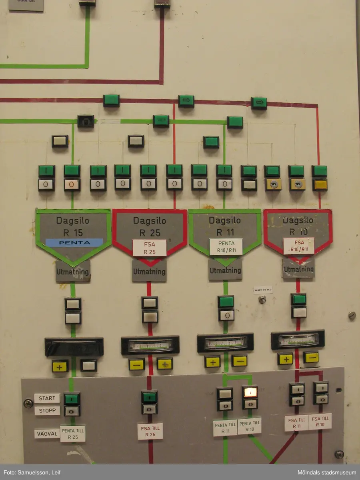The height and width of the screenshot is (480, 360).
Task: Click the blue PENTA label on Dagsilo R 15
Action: click(x=74, y=242)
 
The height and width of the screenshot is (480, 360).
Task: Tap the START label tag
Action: click(x=47, y=398)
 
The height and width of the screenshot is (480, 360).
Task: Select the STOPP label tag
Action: click(x=47, y=411)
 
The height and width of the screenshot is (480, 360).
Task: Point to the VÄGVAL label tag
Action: click(x=47, y=434)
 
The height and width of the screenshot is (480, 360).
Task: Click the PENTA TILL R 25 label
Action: click(x=73, y=434)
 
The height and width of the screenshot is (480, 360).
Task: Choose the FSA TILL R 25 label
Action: click(x=150, y=431)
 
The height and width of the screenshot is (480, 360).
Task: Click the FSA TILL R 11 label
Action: click(x=296, y=423)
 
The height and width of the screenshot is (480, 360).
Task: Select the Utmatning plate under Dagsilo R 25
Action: click(x=149, y=271)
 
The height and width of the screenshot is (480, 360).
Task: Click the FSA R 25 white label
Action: click(x=149, y=248)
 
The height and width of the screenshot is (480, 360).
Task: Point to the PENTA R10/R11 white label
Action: click(x=226, y=247)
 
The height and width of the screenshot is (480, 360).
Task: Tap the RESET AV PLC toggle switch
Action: click(x=262, y=299)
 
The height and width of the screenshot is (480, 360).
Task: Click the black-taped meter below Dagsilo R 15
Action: click(x=74, y=347)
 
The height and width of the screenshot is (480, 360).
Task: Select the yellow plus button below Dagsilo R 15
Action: click(x=60, y=366)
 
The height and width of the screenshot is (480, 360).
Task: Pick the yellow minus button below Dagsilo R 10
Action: click(x=311, y=357)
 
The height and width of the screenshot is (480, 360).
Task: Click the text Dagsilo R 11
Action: click(x=225, y=226)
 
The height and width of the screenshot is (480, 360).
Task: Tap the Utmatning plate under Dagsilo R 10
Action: click(x=298, y=269)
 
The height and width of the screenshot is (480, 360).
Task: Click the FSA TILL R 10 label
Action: click(x=320, y=422)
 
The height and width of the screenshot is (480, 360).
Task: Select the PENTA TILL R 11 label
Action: click(x=225, y=428)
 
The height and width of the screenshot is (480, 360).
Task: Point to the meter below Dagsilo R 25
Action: click(x=150, y=345)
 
